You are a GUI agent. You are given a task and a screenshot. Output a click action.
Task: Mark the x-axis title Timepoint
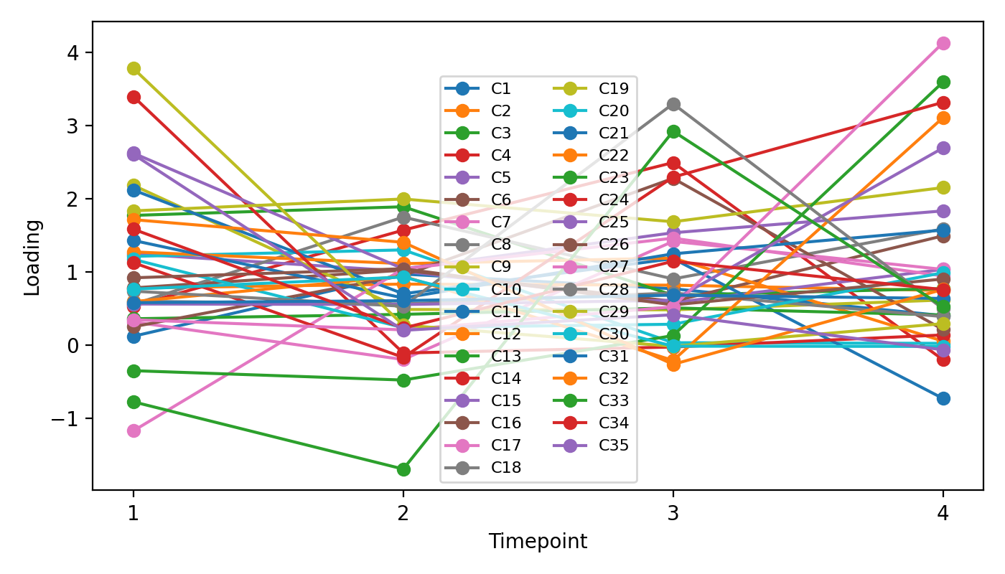click(538, 542)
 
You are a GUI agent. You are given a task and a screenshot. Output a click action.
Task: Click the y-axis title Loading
click(32, 257)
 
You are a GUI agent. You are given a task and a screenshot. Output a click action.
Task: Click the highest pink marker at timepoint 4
click(943, 43)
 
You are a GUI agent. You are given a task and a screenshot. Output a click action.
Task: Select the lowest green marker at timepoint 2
click(403, 469)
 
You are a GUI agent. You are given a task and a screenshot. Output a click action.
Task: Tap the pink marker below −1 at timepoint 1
click(134, 430)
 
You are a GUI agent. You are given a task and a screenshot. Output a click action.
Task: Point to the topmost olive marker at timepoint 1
click(134, 68)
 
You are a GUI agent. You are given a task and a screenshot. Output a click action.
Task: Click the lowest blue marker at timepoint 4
click(943, 398)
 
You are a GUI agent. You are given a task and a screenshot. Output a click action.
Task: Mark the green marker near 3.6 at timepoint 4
click(943, 82)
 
